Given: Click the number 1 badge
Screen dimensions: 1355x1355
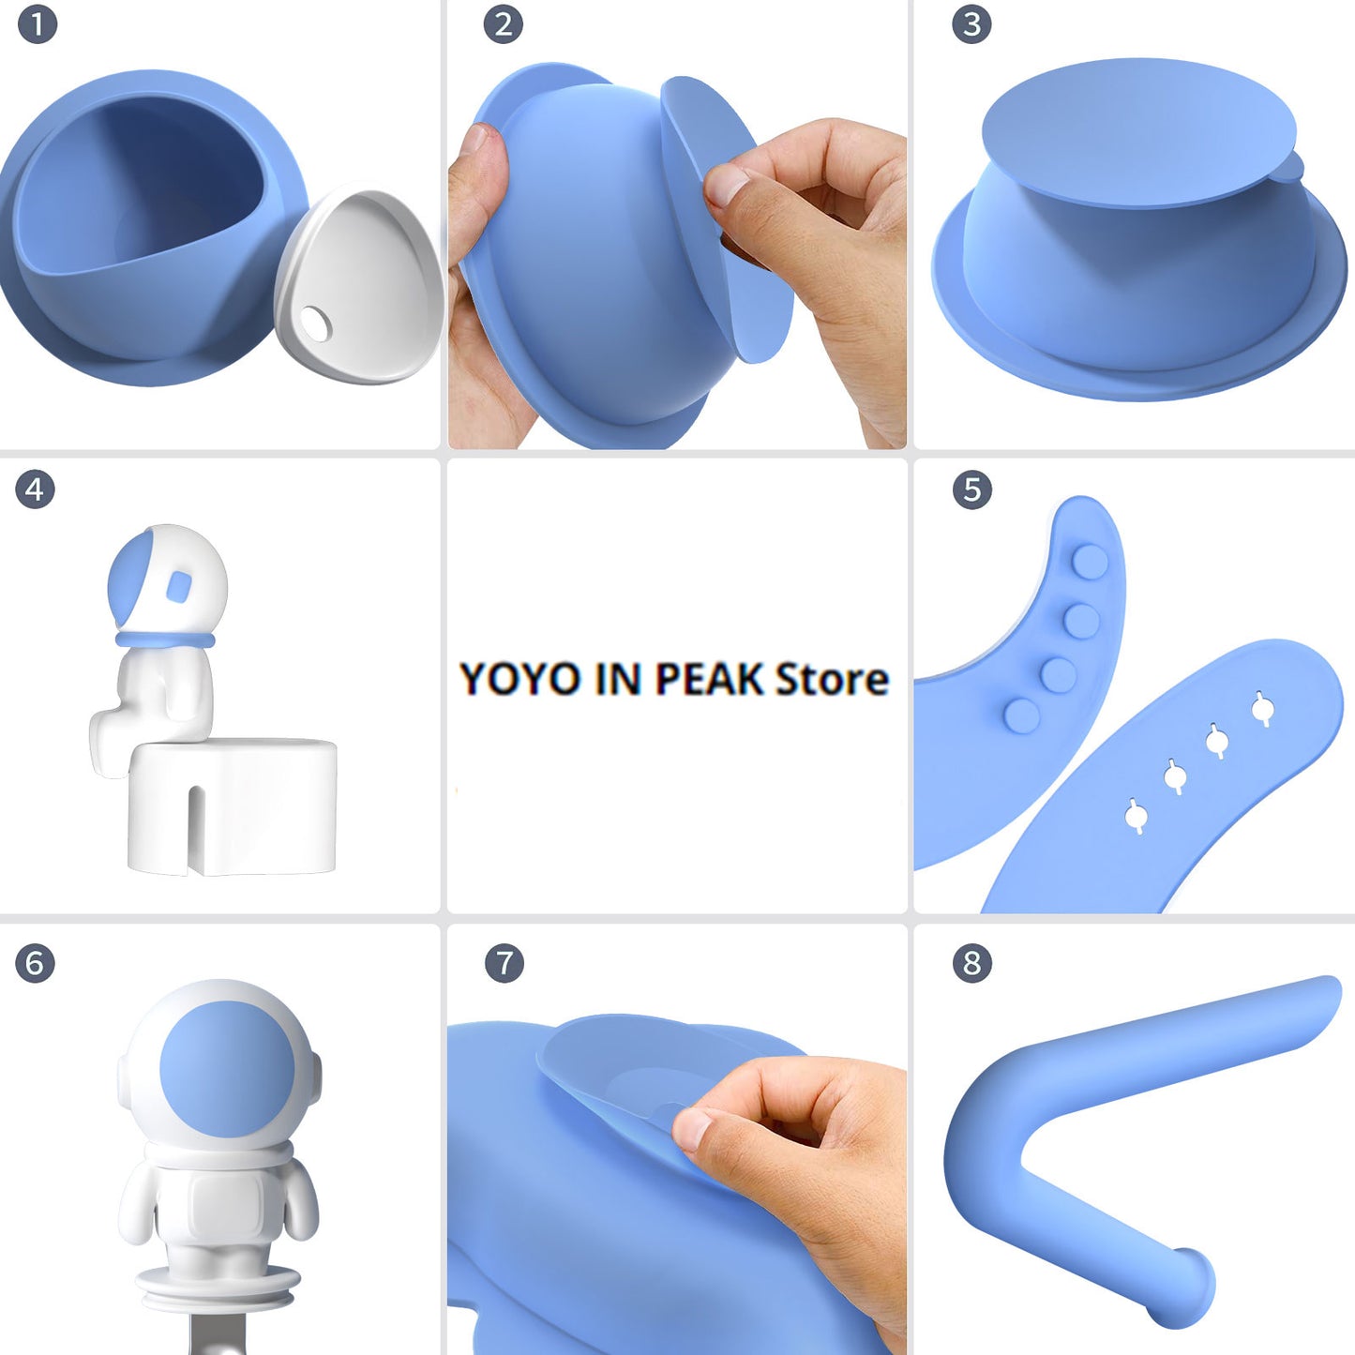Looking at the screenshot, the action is tap(38, 24).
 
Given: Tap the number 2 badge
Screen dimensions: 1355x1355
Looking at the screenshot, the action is tap(504, 24).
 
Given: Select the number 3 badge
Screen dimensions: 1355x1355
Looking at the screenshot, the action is tap(971, 24).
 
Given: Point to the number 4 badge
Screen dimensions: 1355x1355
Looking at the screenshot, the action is tap(35, 489).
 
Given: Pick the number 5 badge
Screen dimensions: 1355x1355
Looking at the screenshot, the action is tap(972, 489).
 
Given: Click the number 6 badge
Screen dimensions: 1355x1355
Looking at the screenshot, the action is tap(35, 963).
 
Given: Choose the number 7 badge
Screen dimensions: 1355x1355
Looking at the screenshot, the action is tap(504, 963).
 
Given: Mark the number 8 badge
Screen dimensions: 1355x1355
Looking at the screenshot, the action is tap(972, 963).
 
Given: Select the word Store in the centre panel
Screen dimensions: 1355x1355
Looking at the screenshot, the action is tap(831, 679).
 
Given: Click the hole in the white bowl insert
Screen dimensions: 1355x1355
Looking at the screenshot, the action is tap(315, 324).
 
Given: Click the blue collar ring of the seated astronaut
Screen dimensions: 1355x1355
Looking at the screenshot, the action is tap(166, 640).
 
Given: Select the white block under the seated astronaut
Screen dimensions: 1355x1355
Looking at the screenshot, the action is tap(232, 807).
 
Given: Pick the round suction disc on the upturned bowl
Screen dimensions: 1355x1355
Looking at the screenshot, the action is tap(1138, 133).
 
